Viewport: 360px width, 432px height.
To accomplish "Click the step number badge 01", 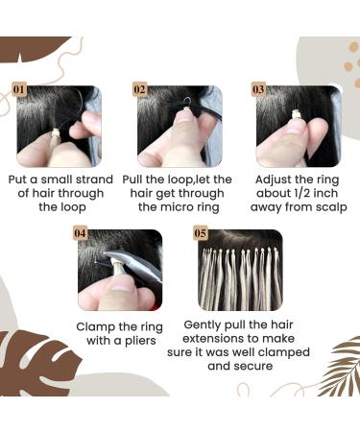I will [19, 90].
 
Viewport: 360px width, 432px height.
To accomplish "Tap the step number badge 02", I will [140, 90].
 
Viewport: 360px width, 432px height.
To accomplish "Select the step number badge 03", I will [259, 90].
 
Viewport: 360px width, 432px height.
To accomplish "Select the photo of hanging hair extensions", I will [240, 269].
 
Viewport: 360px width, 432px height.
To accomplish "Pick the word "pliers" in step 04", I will [133, 339].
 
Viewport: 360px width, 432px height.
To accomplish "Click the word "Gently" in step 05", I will [205, 325].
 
